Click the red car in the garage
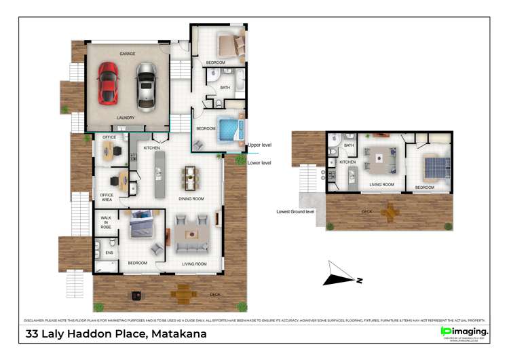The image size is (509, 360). pos(108,83)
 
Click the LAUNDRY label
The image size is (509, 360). pos(126,118)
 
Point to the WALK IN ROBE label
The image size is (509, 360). pos(107,223)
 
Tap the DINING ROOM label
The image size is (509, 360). pos(191,198)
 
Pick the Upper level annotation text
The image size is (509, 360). pos(259,145)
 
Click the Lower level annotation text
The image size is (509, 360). pos(259,163)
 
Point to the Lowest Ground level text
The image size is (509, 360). pos(295,212)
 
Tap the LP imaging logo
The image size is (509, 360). pos(464,331)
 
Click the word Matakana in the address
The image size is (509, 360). pos(179,334)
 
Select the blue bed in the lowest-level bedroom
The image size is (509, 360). pos(432,166)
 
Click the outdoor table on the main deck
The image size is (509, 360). pos(182,294)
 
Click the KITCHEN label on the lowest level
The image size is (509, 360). pos(347,162)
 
